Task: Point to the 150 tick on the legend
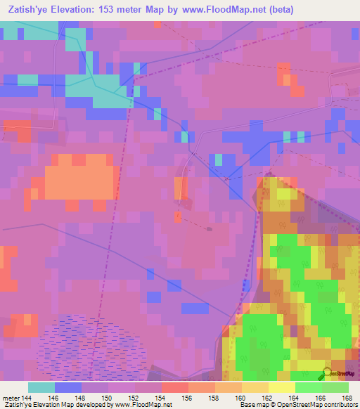pyautogui.click(x=109, y=397)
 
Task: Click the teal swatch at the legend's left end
pyautogui.click(x=41, y=387)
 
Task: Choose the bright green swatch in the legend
pyautogui.click(x=309, y=387)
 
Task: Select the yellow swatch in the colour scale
pyautogui.click(x=282, y=387)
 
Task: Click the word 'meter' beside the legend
pyautogui.click(x=9, y=397)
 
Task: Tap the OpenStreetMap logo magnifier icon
pyautogui.click(x=326, y=373)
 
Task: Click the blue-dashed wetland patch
pyautogui.click(x=91, y=344)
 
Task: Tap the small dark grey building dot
pyautogui.click(x=209, y=228)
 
